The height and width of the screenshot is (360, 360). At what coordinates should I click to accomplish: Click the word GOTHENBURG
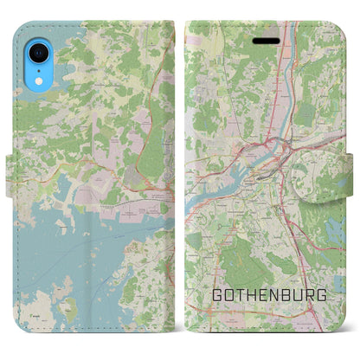point(269,295)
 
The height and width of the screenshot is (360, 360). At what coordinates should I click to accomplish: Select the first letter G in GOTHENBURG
point(217,295)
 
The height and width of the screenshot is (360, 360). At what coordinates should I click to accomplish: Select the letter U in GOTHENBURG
point(299,295)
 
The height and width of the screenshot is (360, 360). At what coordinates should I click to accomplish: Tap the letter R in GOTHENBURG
point(310,295)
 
